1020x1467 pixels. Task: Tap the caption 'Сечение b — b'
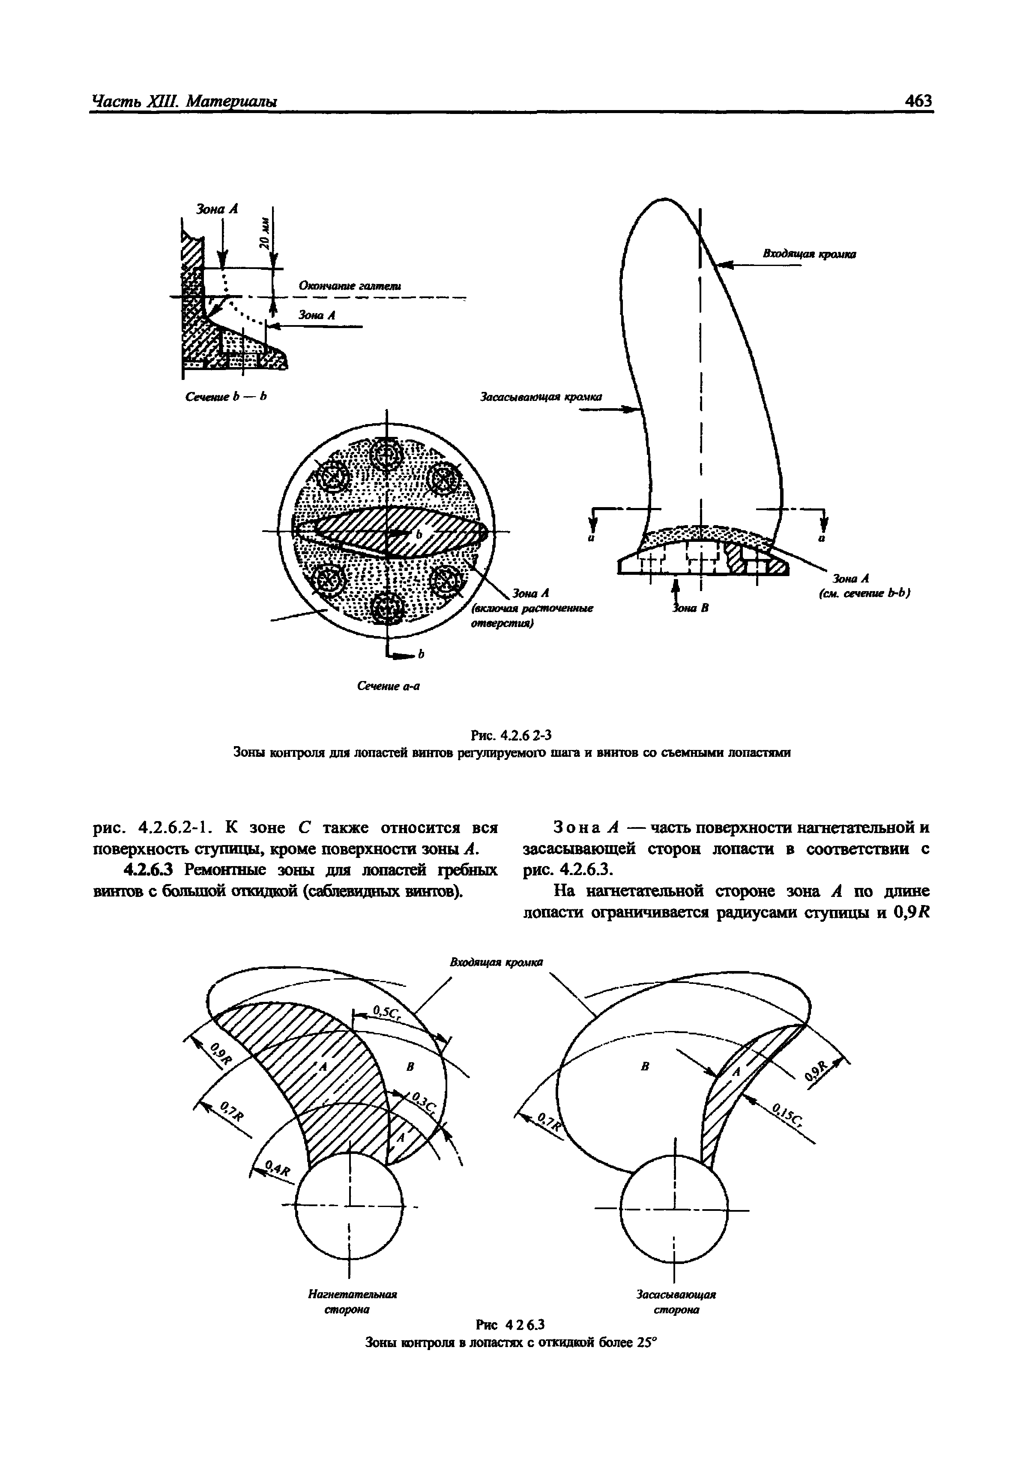(225, 397)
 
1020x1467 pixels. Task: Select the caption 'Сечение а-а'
(388, 686)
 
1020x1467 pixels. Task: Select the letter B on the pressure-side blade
(411, 1067)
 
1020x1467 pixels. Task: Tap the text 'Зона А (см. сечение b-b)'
(864, 586)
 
